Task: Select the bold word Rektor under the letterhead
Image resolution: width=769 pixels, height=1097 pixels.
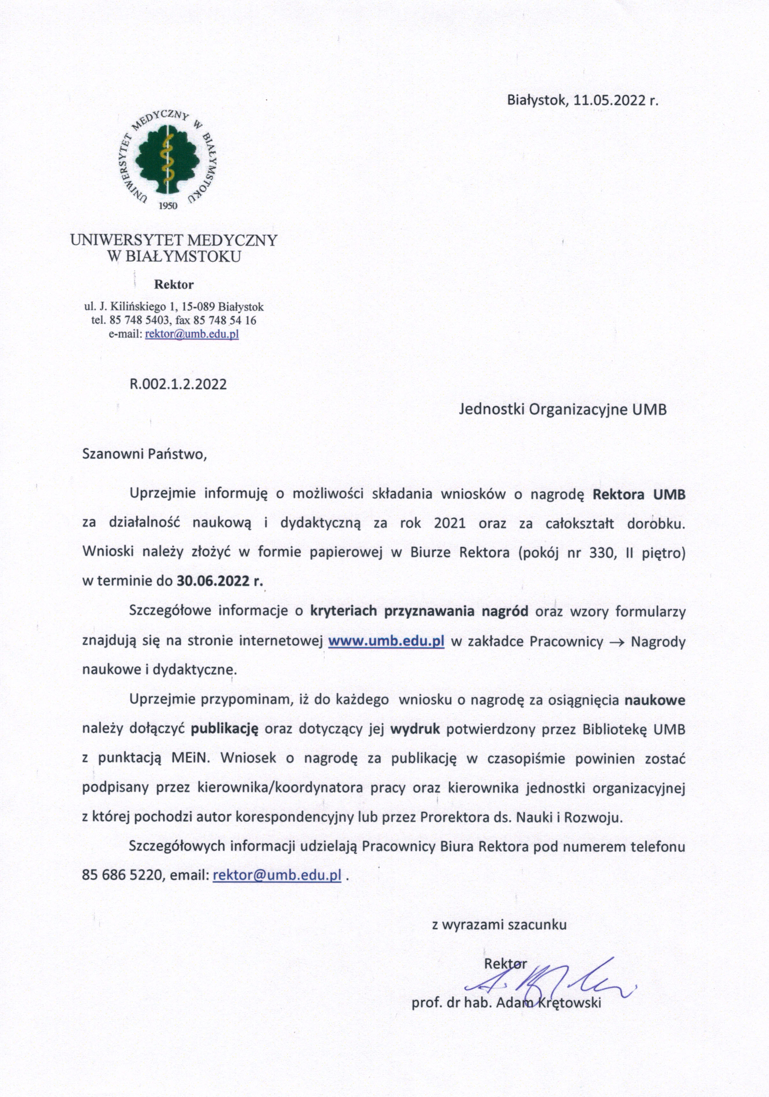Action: coord(173,285)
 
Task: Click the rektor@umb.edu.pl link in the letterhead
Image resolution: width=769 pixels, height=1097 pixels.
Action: coord(192,334)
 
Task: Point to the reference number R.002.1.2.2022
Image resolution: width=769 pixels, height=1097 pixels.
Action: coord(178,385)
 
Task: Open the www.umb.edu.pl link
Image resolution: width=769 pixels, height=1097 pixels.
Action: coord(386,641)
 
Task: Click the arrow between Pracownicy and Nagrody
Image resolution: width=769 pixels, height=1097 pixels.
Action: coord(617,642)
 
